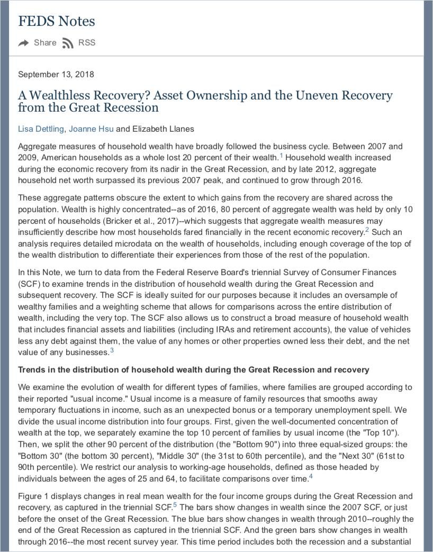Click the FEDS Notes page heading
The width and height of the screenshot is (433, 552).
pos(57,21)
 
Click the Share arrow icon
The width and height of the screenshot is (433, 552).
pos(23,43)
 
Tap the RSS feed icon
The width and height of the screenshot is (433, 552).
pos(67,43)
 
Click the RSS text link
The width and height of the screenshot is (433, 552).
pos(87,43)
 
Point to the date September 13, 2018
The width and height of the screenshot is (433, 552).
pos(56,74)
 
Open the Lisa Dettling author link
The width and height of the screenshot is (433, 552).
pos(41,129)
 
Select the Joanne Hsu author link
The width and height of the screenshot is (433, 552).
pos(91,129)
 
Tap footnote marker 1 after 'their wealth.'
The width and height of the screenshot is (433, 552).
pos(282,156)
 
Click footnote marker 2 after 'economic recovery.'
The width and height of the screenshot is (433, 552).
pos(367,230)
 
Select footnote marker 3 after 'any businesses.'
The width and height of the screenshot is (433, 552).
pos(112,350)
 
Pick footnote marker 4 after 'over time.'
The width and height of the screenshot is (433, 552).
pos(311,477)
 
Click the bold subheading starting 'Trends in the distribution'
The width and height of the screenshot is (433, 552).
pos(194,369)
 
